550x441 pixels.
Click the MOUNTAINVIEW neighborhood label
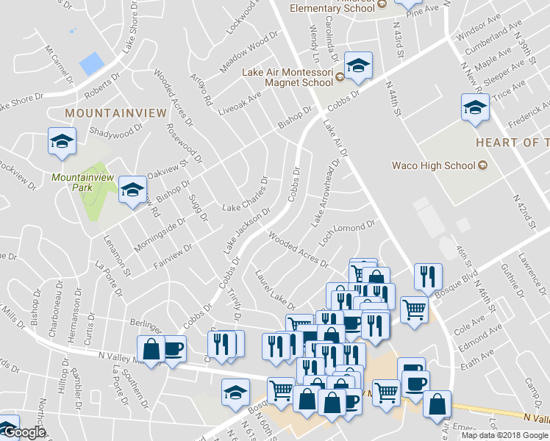click(106, 113)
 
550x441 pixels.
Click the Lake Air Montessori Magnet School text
click(287, 77)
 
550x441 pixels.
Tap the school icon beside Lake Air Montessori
click(358, 66)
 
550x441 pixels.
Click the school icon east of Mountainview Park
click(132, 190)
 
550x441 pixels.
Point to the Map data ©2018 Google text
click(504, 435)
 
